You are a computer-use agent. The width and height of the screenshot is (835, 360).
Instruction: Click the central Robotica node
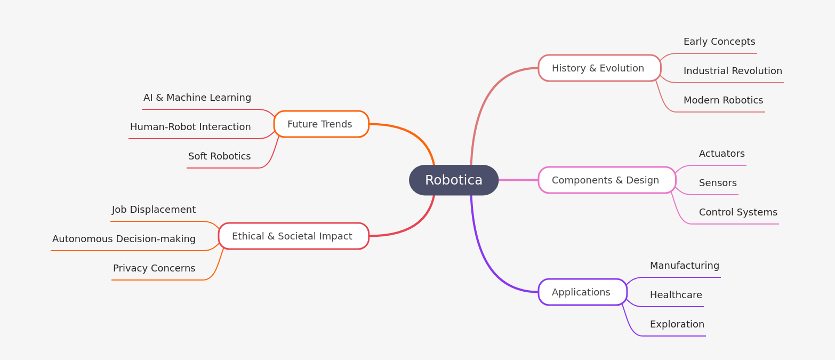pos(453,180)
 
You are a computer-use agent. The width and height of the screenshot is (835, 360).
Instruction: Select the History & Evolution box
pos(599,68)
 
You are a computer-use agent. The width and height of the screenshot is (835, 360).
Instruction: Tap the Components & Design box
pos(607,180)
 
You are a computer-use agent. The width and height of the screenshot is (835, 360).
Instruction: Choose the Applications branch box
pos(582,292)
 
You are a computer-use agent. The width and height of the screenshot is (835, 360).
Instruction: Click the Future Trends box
pos(321,124)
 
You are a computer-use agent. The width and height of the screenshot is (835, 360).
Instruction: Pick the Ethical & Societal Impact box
pos(293,236)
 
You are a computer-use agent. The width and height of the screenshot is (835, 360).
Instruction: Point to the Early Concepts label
pos(719,42)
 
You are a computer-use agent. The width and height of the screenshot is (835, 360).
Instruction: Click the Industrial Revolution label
pos(733,71)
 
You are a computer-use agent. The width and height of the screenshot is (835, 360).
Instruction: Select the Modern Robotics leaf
pos(723,100)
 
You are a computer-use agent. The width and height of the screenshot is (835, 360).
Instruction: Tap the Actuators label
pos(721,154)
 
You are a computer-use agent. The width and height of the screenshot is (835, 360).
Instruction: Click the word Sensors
pos(718,183)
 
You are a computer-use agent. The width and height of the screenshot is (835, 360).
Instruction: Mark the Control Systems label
pos(738,212)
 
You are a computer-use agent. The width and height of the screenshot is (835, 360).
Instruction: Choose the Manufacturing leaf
pos(684,266)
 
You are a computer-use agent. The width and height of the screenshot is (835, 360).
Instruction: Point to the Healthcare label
pos(676,295)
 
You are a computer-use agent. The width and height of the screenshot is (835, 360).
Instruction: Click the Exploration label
pos(677,324)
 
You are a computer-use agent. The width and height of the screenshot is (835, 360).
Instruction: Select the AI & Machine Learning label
pos(197,98)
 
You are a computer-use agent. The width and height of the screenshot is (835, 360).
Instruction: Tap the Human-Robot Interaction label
pos(190,127)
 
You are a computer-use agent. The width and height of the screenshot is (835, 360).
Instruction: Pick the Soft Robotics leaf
pos(219,156)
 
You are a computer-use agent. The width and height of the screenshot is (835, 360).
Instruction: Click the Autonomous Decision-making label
pos(124,239)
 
